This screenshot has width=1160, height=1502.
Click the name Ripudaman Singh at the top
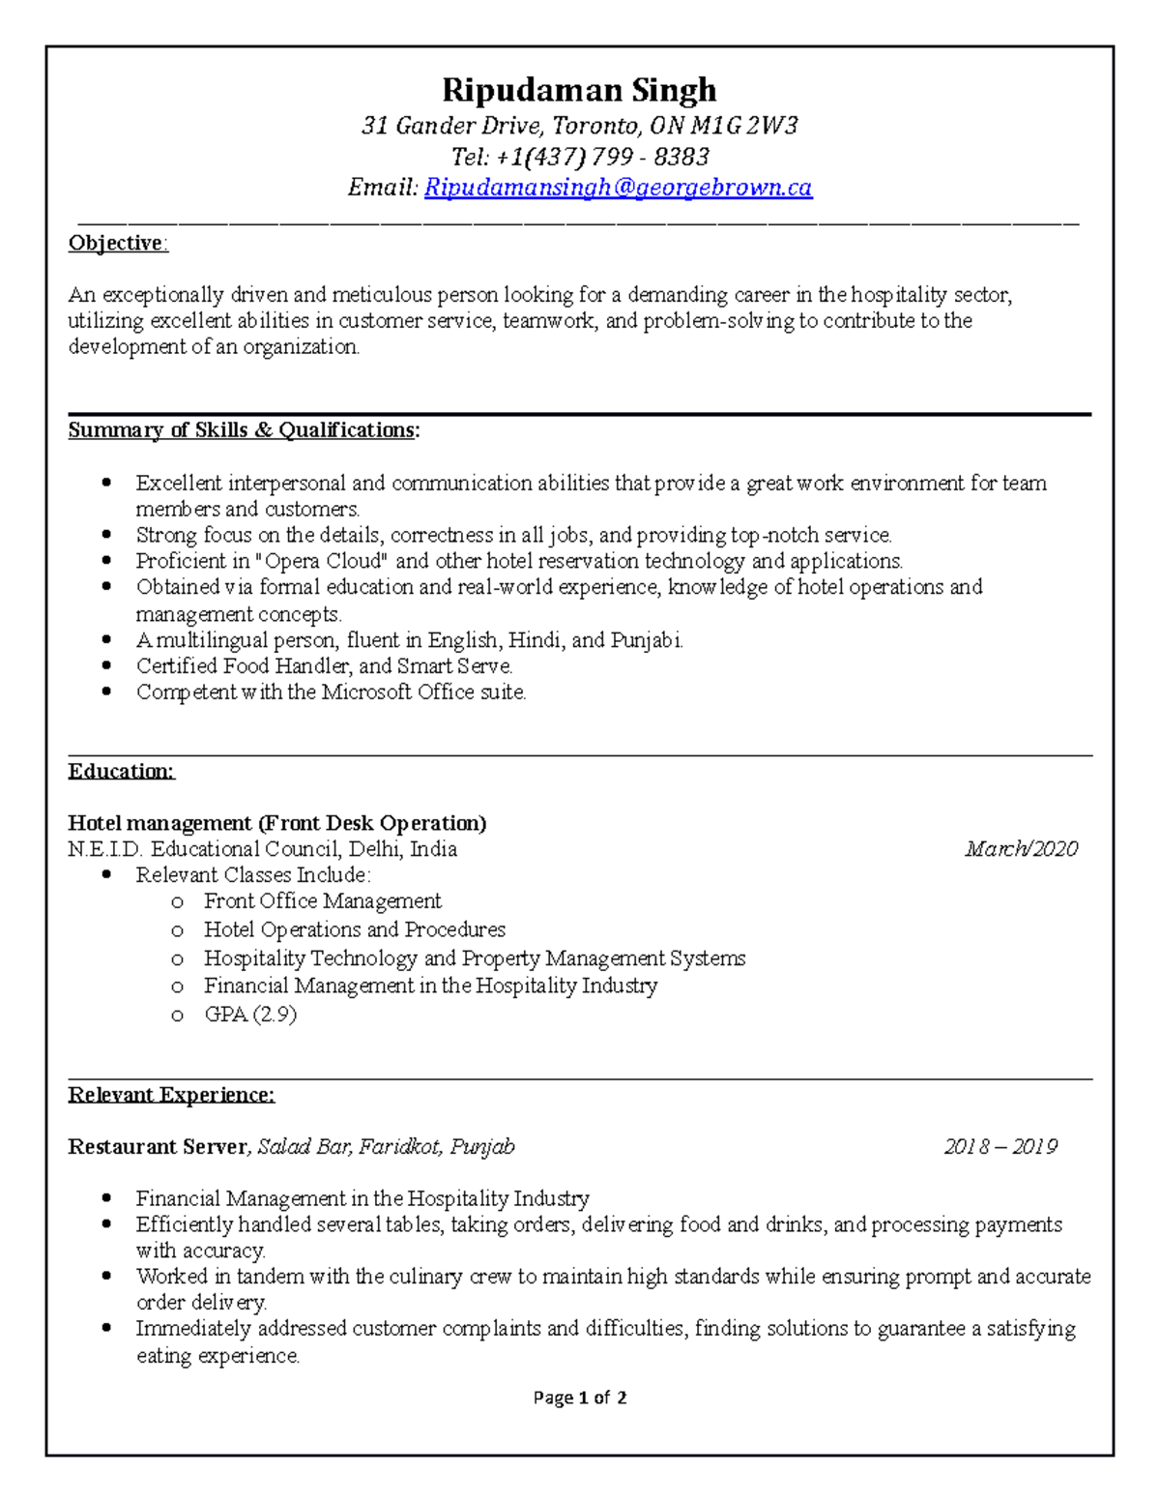579,90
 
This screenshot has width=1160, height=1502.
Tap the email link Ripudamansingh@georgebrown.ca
618,188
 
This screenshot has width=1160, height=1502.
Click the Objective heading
117,243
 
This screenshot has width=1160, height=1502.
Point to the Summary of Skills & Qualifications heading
244,430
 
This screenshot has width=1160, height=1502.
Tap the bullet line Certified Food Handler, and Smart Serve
324,666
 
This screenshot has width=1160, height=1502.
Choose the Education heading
121,771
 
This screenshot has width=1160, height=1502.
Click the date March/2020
1021,849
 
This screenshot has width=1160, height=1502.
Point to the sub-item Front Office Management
322,901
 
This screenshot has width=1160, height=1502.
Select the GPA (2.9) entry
250,1015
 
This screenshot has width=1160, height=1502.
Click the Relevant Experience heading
171,1095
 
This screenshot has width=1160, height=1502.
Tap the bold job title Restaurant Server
158,1147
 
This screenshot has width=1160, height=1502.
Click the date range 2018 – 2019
1000,1147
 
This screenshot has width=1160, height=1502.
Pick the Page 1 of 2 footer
580,1398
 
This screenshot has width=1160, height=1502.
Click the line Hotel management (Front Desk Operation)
276,823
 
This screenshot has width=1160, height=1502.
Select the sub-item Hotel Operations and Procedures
355,929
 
